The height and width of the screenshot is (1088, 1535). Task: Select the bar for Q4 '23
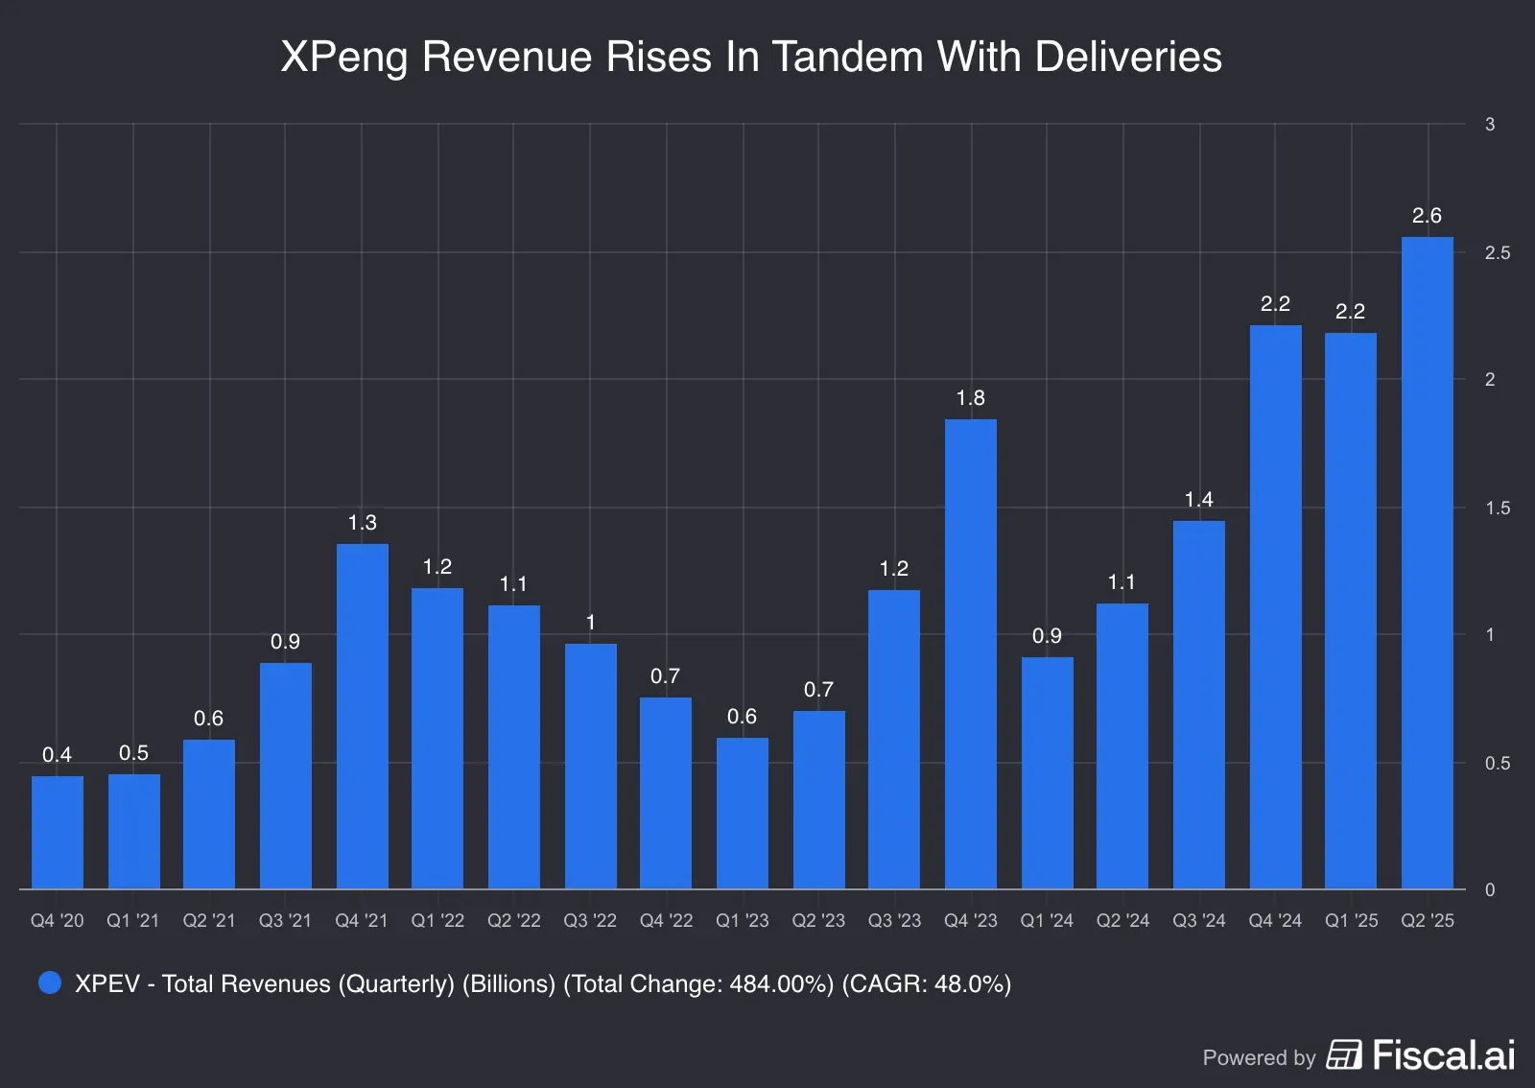[970, 654]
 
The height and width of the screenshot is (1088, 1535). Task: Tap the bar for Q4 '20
[57, 833]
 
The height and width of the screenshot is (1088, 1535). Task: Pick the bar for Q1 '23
[742, 814]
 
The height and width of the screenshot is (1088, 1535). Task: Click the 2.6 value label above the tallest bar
[1427, 216]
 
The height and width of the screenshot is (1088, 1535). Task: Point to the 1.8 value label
[970, 398]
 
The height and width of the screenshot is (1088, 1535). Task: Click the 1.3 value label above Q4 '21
[362, 523]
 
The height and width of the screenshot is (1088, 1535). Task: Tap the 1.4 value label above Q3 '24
[1198, 500]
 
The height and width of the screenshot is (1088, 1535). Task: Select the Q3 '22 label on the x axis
[589, 921]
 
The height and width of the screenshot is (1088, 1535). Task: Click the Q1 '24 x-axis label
[1046, 921]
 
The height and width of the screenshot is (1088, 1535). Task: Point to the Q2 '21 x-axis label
[209, 921]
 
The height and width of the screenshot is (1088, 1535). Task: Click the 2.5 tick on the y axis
[1497, 253]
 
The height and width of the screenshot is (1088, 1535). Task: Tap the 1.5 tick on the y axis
[1497, 509]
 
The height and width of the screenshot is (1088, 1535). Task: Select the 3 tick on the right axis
[1490, 125]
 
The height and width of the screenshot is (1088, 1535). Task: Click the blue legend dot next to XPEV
[50, 982]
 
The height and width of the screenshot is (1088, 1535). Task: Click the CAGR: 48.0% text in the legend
[926, 984]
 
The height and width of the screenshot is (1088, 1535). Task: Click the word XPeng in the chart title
[344, 59]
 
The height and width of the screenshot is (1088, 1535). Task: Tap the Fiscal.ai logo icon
[1343, 1054]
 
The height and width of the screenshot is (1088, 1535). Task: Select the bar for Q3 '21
[285, 776]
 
